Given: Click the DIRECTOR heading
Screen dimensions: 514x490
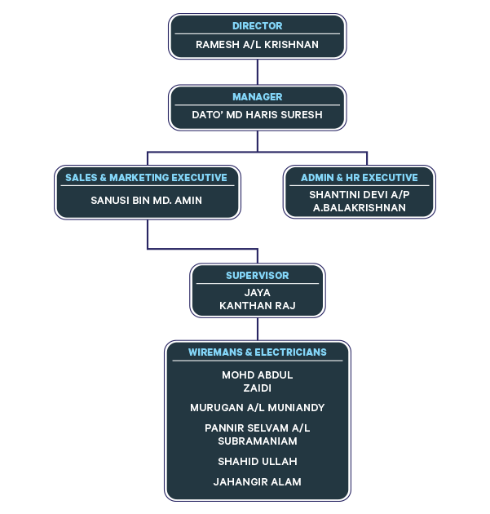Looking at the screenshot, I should point(258,26).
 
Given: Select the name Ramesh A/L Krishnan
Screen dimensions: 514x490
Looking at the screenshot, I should point(258,44).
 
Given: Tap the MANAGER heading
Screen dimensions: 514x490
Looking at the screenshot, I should point(258,97).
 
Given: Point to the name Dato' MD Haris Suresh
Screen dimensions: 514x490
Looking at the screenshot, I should point(258,115).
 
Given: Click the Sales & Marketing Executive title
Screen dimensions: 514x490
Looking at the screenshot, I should point(146,177).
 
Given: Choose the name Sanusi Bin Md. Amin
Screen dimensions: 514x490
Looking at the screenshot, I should point(147,200).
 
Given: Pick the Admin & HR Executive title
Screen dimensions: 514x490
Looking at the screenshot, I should point(359,177).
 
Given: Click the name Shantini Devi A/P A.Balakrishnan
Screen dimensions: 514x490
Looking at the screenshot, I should point(359,202).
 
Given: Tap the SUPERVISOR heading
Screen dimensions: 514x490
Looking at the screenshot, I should point(258,276).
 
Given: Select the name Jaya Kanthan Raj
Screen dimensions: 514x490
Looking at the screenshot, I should point(258,299).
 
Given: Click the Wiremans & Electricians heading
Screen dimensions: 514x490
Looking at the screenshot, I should point(258,352).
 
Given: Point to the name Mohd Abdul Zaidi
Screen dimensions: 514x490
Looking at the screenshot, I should point(258,381).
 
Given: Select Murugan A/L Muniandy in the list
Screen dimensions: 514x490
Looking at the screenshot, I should point(258,407).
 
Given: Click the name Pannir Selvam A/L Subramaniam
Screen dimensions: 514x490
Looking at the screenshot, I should point(258,434).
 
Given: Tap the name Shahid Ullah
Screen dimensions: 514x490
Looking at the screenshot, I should point(258,461).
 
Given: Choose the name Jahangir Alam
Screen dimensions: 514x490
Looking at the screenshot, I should point(258,481).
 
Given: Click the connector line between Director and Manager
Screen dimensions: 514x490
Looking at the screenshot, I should point(258,72).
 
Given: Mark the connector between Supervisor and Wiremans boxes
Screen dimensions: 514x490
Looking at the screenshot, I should point(258,329).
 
